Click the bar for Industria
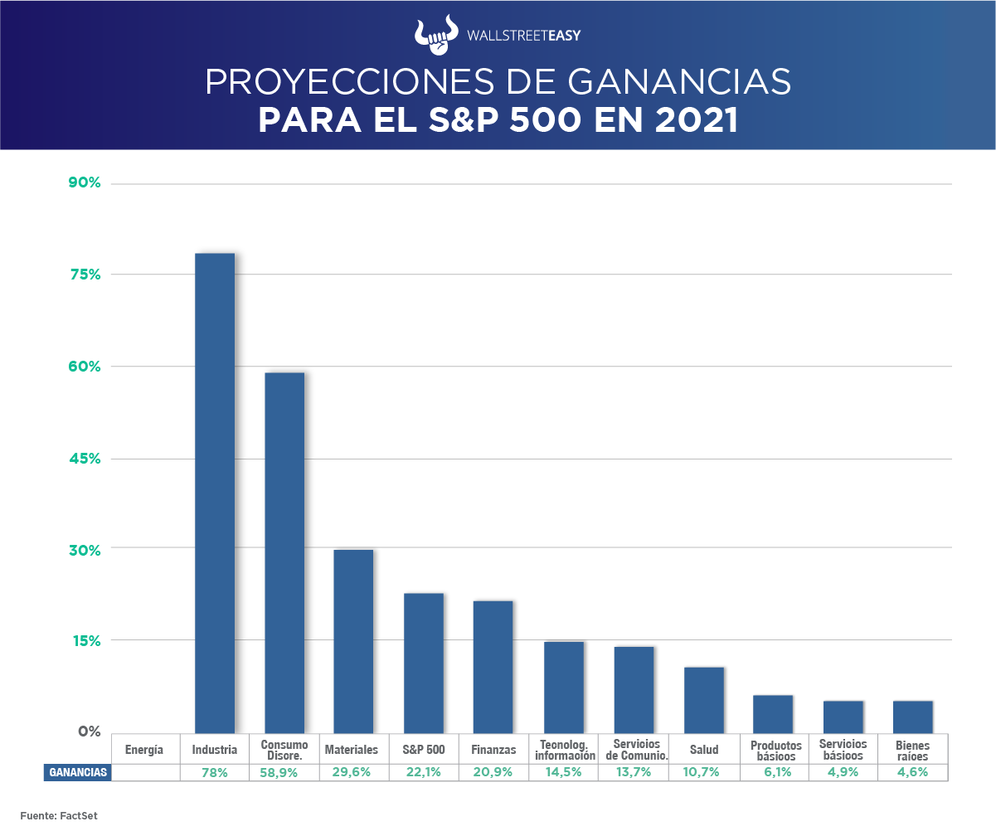click(215, 493)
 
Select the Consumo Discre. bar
click(284, 552)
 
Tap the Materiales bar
click(353, 640)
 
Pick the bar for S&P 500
click(424, 663)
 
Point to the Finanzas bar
click(493, 666)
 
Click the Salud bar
click(704, 699)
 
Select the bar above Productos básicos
click(773, 713)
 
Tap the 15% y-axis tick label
click(84, 641)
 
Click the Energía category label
click(144, 750)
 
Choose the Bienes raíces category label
click(912, 751)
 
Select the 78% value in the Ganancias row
click(214, 772)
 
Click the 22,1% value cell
click(424, 772)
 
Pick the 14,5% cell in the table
click(565, 772)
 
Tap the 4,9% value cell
click(843, 772)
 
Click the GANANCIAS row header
click(78, 772)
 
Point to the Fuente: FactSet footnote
click(59, 816)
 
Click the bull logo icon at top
click(435, 32)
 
